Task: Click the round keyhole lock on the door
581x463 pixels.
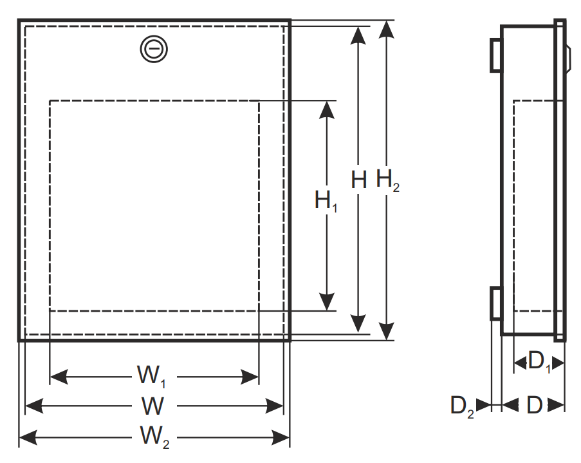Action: (154, 49)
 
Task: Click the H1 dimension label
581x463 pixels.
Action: (326, 201)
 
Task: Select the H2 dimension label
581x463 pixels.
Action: (387, 180)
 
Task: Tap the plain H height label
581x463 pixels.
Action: (358, 180)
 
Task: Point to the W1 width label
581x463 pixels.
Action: (151, 376)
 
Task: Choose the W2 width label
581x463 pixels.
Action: (154, 437)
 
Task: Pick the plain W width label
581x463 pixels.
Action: (152, 406)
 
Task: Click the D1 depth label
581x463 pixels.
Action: (539, 361)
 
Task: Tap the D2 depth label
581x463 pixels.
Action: (462, 406)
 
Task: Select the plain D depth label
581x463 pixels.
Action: (535, 405)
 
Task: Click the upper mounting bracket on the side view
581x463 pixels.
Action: (495, 55)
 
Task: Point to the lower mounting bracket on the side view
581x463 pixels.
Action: (495, 303)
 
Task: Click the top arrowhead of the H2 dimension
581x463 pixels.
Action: (387, 30)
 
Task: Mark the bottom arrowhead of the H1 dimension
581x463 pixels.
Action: (326, 301)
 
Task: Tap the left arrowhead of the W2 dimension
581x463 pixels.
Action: (28, 437)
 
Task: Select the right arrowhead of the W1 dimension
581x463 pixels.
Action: (250, 377)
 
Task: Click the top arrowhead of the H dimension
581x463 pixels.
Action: (358, 35)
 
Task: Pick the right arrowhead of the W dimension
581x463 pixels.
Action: (275, 406)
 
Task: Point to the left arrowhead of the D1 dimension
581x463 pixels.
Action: (521, 363)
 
